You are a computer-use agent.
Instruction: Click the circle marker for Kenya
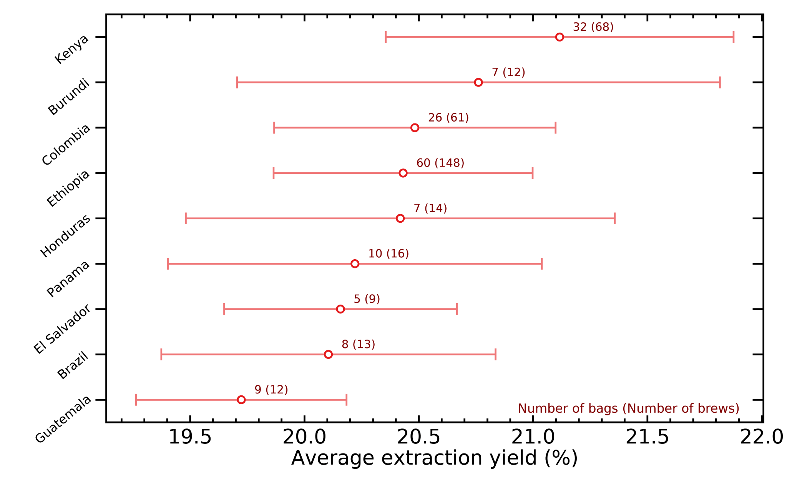[560, 37]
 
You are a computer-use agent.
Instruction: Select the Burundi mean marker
[478, 82]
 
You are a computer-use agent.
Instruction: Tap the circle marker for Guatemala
[241, 400]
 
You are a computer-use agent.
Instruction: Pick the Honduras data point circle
[400, 218]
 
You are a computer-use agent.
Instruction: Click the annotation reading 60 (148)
[440, 163]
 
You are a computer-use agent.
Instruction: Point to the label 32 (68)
[593, 27]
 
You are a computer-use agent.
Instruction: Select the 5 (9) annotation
[367, 299]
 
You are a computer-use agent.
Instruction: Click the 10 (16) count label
[389, 254]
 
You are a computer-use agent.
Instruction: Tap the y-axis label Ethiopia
[68, 188]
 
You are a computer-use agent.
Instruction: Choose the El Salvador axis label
[63, 329]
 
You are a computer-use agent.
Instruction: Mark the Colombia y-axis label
[66, 145]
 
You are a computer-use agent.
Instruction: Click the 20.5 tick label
[418, 437]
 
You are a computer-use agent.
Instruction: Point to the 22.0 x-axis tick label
[761, 437]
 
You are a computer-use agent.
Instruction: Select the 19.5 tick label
[190, 437]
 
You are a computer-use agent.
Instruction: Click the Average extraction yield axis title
[434, 458]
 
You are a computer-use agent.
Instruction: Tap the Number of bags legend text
[628, 408]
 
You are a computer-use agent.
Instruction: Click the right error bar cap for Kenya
[734, 37]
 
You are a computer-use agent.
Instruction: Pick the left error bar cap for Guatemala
[136, 400]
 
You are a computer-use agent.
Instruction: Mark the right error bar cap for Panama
[542, 264]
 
